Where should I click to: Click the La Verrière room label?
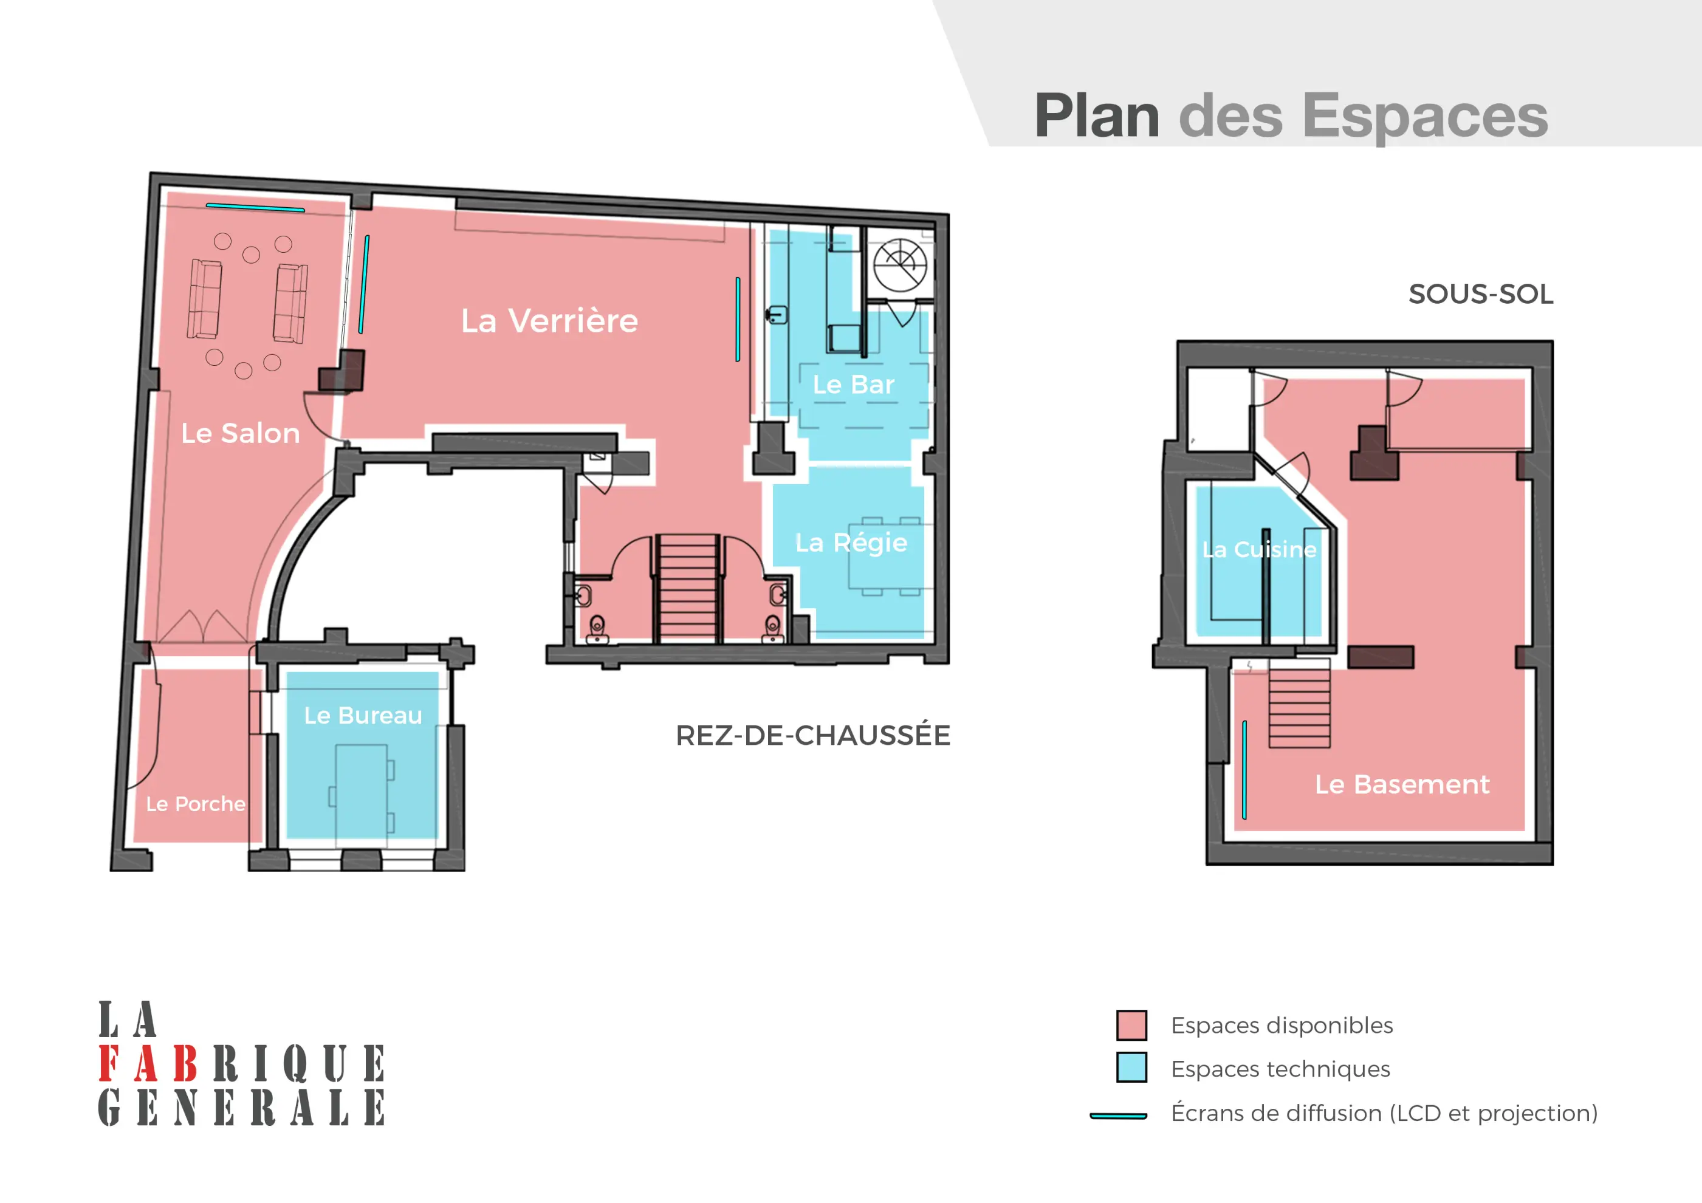tap(549, 321)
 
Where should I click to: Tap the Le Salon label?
tap(240, 434)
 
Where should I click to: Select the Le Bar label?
tap(853, 385)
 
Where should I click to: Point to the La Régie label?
tap(851, 543)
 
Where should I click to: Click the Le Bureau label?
tap(363, 715)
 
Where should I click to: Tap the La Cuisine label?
tap(1258, 549)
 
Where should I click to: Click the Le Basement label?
tap(1401, 784)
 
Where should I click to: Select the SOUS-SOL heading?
tap(1480, 294)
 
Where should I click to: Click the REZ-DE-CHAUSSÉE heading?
tap(812, 735)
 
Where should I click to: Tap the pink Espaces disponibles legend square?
tap(1131, 1025)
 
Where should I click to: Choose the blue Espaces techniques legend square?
tap(1131, 1068)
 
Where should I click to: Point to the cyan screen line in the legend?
tap(1118, 1116)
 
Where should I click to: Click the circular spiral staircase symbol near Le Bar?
tap(900, 266)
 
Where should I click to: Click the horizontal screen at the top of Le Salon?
tap(255, 208)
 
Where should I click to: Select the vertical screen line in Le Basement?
tap(1244, 769)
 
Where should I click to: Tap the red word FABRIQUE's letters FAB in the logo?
tap(148, 1064)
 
